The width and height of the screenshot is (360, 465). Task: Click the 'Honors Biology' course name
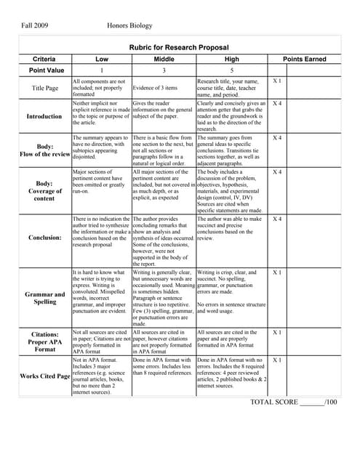click(x=130, y=25)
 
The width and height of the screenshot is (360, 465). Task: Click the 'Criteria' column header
click(x=46, y=59)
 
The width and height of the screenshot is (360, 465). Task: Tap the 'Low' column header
click(x=102, y=59)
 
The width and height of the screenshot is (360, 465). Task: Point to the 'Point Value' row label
click(x=46, y=70)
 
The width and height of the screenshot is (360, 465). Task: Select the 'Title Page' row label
click(x=46, y=88)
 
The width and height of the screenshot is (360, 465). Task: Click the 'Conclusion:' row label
click(x=46, y=237)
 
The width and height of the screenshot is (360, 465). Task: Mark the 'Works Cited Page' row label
click(x=46, y=376)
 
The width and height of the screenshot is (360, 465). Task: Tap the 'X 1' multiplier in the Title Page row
click(x=277, y=81)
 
